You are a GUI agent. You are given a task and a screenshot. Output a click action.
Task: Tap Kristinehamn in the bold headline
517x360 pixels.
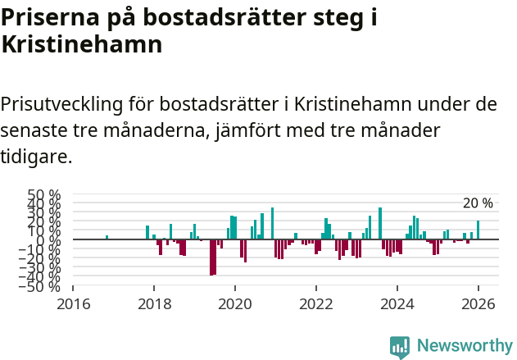click(81, 44)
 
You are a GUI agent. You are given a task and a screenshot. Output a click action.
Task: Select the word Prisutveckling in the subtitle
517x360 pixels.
click(61, 105)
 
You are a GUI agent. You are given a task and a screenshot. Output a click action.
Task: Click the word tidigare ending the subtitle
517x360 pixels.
click(36, 156)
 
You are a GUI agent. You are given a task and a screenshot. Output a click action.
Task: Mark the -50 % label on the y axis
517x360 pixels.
click(43, 286)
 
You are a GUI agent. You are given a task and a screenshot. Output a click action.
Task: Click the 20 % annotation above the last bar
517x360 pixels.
click(478, 203)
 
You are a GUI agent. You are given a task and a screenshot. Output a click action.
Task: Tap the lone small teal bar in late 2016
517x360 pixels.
click(107, 238)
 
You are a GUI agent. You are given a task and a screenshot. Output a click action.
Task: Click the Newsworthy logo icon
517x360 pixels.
click(400, 347)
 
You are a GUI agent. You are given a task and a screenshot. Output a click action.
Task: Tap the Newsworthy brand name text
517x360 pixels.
click(464, 346)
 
